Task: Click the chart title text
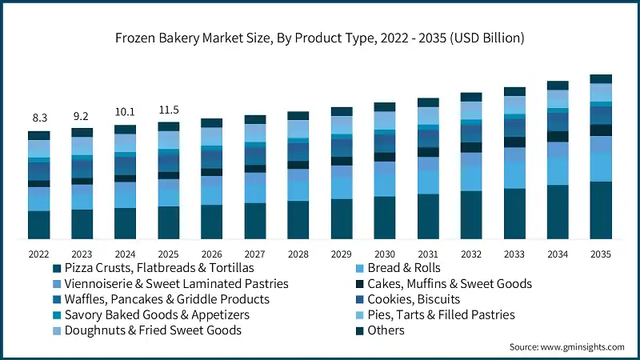[320, 37]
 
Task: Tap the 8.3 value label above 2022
[38, 118]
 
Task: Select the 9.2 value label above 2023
[82, 114]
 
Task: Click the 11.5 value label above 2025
[168, 109]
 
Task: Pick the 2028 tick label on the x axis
[298, 254]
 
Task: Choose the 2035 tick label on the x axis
[600, 254]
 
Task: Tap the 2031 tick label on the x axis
[428, 254]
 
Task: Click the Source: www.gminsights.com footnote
[567, 346]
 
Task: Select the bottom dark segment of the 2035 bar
[601, 210]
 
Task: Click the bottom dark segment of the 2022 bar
[38, 225]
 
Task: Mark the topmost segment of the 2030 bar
[385, 106]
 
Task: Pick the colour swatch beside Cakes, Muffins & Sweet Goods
[359, 284]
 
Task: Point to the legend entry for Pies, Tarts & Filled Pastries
[441, 314]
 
